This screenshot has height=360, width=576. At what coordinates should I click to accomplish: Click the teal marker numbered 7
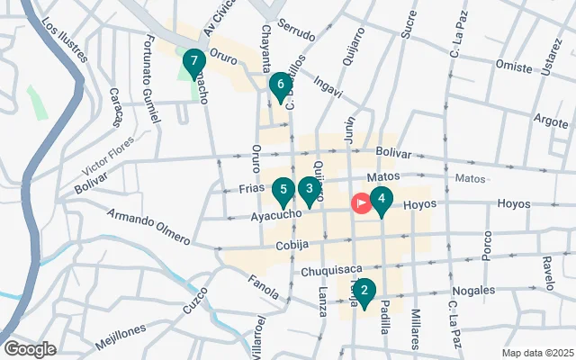click(192, 62)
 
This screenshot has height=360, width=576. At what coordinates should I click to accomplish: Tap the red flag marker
click(361, 203)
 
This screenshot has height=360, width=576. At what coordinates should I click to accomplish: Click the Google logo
click(30, 348)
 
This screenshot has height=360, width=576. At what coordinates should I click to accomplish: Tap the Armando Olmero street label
click(148, 227)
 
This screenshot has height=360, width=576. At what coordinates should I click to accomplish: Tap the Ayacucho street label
click(275, 215)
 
